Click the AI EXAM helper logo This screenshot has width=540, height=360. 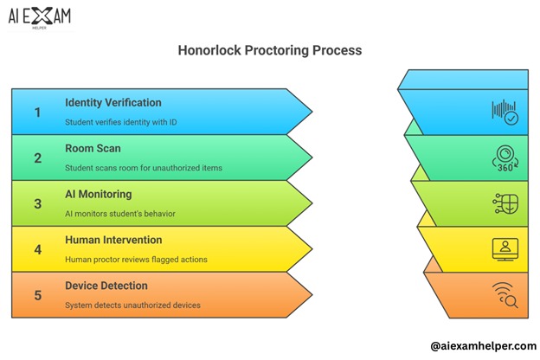tap(42, 16)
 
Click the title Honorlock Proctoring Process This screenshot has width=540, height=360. tap(269, 50)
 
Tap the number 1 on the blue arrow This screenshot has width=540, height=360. tap(37, 112)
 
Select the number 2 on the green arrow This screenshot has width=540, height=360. tap(37, 157)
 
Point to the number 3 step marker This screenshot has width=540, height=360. tap(37, 203)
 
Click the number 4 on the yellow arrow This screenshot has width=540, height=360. tap(37, 249)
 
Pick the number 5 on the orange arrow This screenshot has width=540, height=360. tap(37, 295)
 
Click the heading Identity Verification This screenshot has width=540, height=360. tap(112, 103)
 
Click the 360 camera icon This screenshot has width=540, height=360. tap(505, 158)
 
